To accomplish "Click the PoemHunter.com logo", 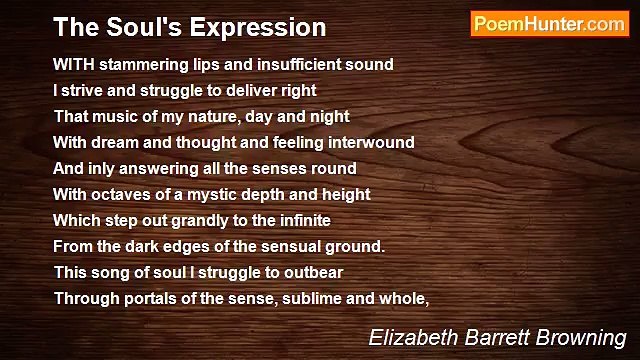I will tap(549, 25).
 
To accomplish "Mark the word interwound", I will tap(368, 142).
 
